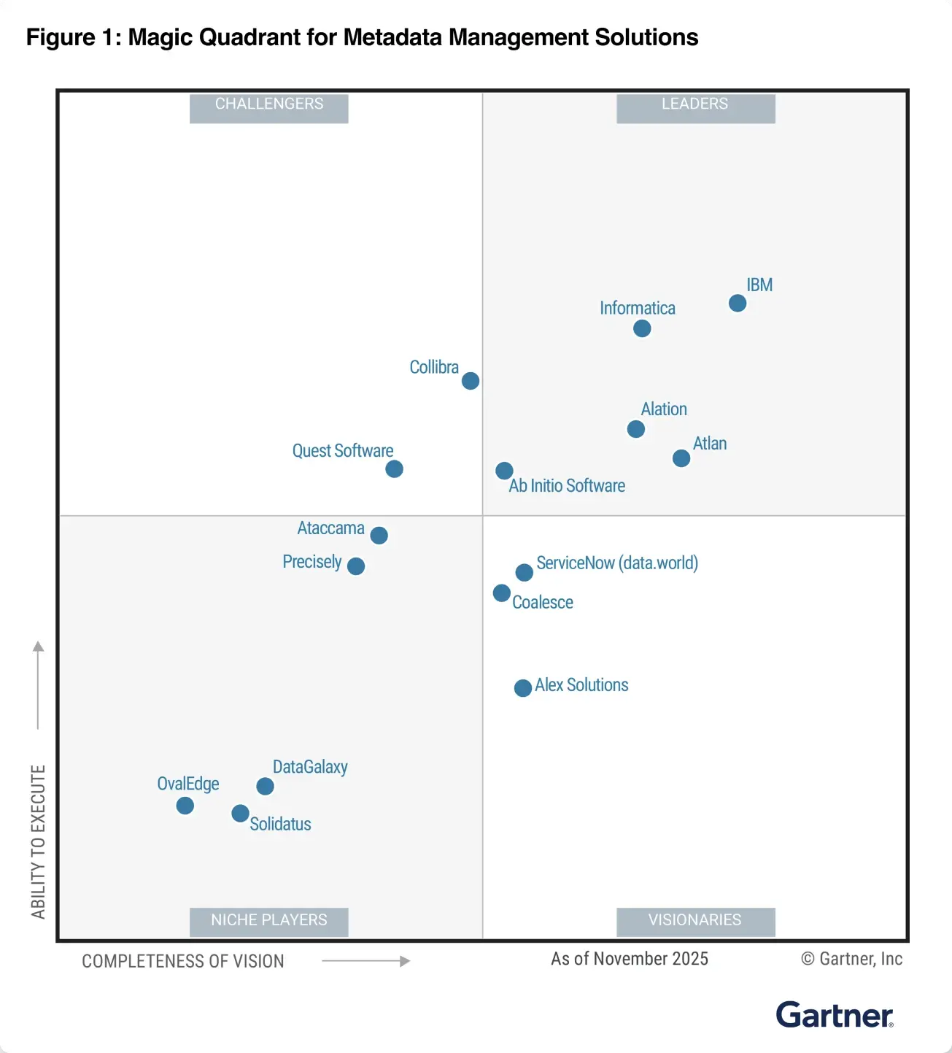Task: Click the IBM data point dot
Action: tap(738, 303)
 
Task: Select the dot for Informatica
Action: tap(642, 328)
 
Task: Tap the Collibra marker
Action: tap(471, 381)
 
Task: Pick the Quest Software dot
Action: tap(394, 468)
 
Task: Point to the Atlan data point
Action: tap(681, 458)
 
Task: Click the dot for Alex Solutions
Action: tap(523, 688)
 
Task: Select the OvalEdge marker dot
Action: tap(185, 806)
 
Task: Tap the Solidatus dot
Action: tap(240, 813)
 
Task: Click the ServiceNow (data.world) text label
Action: tap(617, 563)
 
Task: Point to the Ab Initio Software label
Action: tap(567, 486)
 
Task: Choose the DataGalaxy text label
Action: tap(310, 767)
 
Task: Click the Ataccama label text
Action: tap(330, 528)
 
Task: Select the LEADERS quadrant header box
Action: tap(695, 107)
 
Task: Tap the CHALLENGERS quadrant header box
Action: tap(268, 107)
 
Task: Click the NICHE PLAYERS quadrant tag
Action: tap(268, 921)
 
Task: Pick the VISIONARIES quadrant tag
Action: tap(695, 921)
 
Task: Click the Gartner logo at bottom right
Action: tap(835, 1015)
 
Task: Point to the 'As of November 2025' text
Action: tap(630, 959)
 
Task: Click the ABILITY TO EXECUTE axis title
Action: tap(38, 841)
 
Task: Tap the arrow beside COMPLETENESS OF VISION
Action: tap(365, 961)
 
